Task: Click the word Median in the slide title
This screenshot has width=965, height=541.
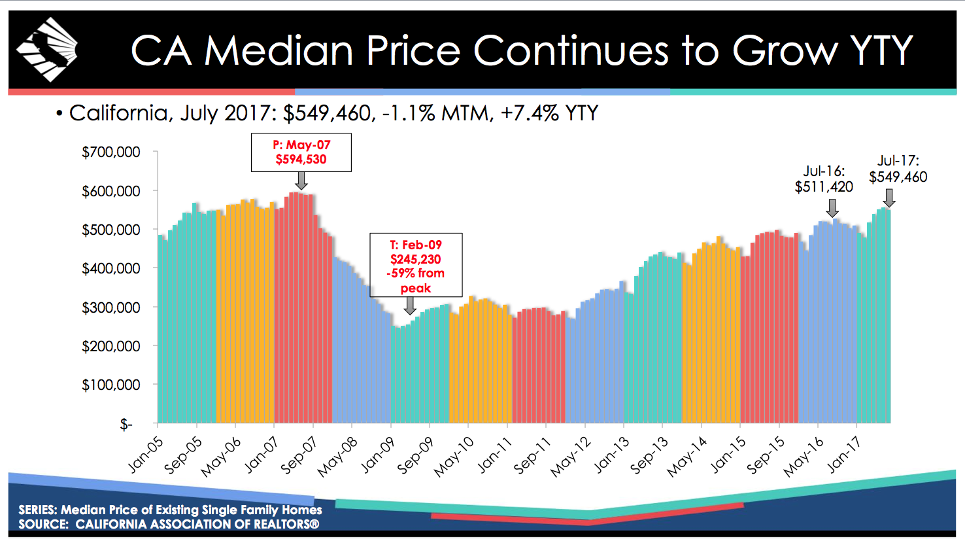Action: (x=279, y=50)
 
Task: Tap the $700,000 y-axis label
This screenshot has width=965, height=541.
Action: (x=111, y=152)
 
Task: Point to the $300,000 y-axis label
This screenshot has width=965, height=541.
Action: (x=111, y=307)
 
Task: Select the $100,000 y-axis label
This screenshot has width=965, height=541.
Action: (x=111, y=385)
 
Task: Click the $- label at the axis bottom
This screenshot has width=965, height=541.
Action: (x=126, y=425)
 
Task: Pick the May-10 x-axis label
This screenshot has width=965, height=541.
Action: (x=454, y=456)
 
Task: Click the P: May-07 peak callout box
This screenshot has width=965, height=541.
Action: (x=301, y=152)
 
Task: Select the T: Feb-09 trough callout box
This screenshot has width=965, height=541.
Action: (x=416, y=266)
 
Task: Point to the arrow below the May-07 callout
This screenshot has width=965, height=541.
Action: (x=301, y=181)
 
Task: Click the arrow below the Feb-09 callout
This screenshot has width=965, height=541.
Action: (x=410, y=305)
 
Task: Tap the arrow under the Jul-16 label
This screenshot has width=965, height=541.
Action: (x=832, y=208)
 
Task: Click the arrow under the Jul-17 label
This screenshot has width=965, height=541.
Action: (x=889, y=198)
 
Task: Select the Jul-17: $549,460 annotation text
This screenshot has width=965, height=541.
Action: (x=898, y=169)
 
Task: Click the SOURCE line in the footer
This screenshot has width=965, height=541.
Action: (x=169, y=524)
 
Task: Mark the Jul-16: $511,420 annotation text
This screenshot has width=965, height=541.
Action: (x=824, y=179)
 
